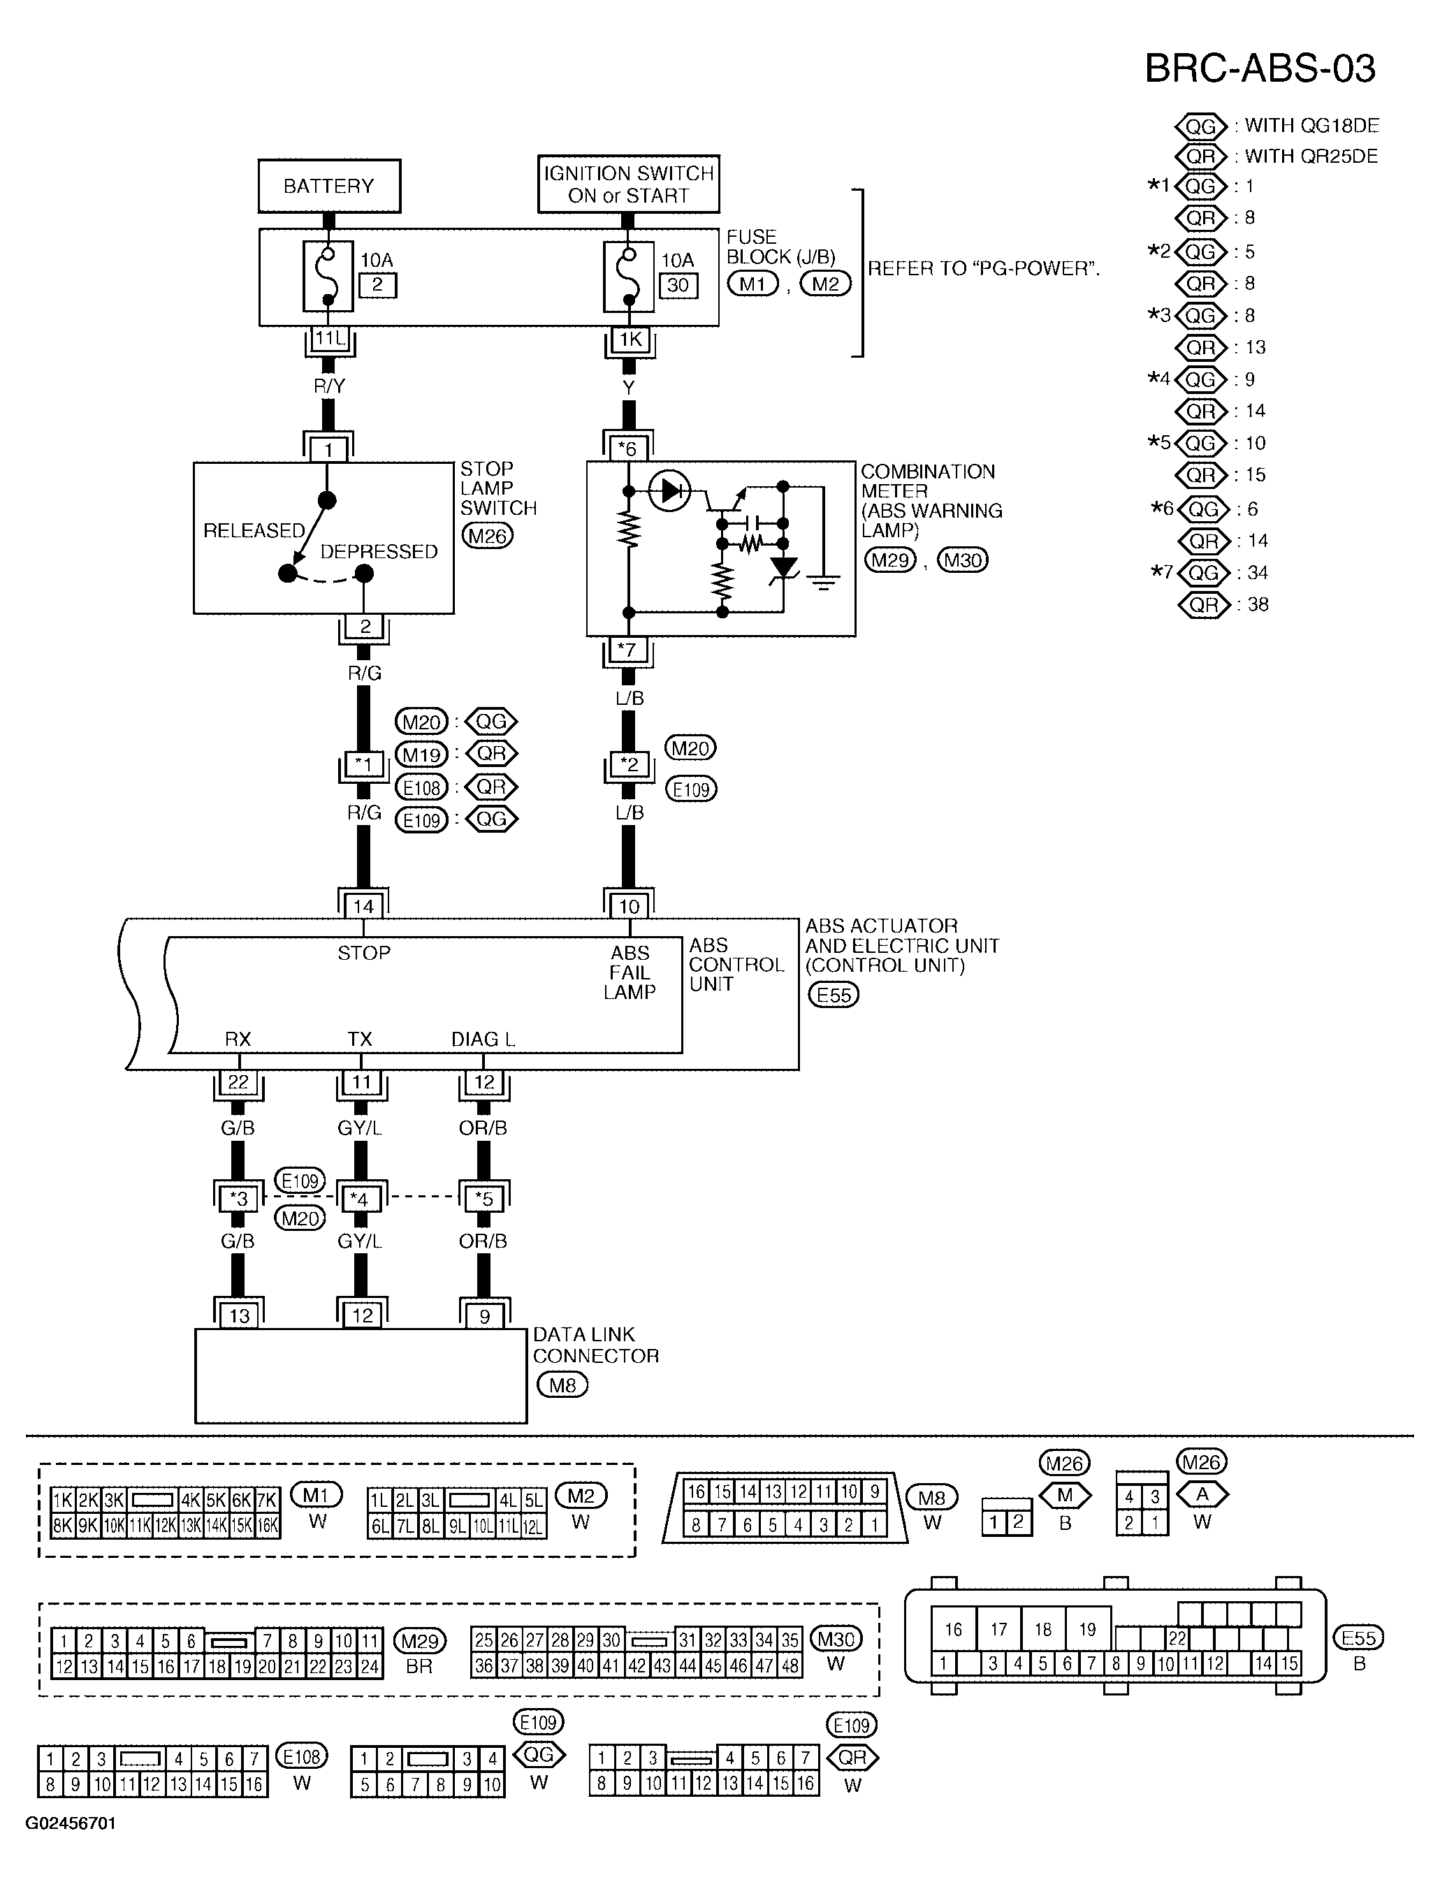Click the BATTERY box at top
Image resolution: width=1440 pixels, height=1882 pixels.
[328, 186]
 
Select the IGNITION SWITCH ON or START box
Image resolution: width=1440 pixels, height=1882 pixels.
[628, 184]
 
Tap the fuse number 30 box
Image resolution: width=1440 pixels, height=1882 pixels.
[677, 286]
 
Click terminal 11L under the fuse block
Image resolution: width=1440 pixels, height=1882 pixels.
[329, 339]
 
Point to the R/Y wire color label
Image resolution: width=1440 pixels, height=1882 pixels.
[329, 386]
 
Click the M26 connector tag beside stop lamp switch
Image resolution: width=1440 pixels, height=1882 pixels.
[487, 536]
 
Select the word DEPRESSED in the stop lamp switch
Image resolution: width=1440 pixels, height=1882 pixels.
[379, 551]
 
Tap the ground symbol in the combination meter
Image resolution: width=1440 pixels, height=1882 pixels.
[824, 585]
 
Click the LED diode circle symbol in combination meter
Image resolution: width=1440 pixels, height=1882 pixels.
[670, 491]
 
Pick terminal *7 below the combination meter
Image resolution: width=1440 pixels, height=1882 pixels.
[628, 650]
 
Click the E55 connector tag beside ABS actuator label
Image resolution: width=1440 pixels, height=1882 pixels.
[833, 994]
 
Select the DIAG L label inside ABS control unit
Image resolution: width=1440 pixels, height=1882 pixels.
[483, 1039]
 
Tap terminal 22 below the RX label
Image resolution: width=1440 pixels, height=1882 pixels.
[238, 1082]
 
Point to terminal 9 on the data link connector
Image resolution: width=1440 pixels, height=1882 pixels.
[484, 1315]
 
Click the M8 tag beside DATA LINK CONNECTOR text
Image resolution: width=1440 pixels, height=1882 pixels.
[562, 1384]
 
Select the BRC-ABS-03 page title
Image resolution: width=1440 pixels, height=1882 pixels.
[1260, 68]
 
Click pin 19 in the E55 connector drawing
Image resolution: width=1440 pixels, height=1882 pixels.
[1087, 1629]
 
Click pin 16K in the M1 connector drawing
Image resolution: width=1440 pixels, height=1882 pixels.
[268, 1526]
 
